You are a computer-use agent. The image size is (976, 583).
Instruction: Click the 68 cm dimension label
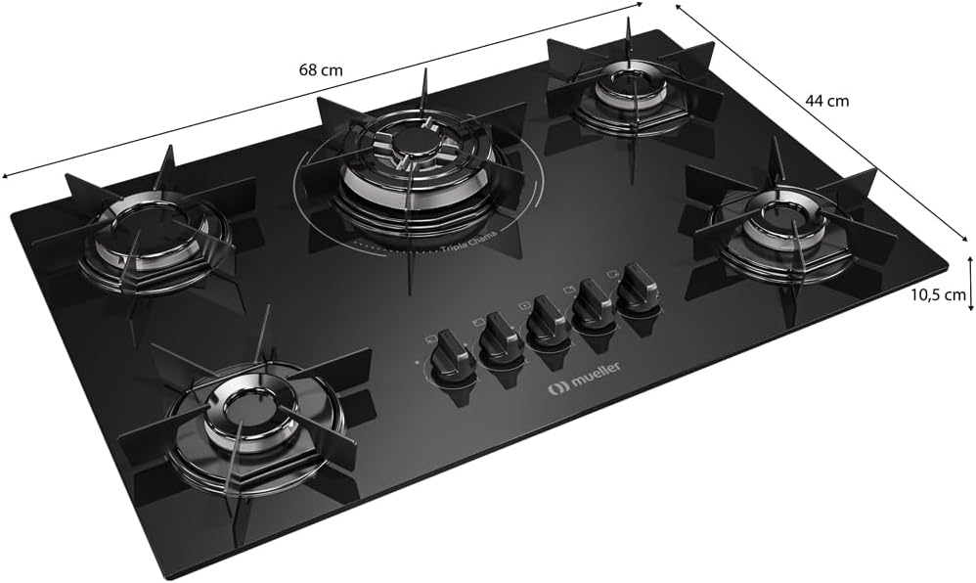pyautogui.click(x=321, y=69)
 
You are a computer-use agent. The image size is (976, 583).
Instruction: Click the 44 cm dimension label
pyautogui.click(x=826, y=101)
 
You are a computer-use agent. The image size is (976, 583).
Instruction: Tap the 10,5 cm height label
pyautogui.click(x=941, y=294)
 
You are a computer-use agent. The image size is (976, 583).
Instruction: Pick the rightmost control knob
pyautogui.click(x=638, y=288)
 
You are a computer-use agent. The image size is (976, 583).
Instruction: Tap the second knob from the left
pyautogui.click(x=502, y=339)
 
